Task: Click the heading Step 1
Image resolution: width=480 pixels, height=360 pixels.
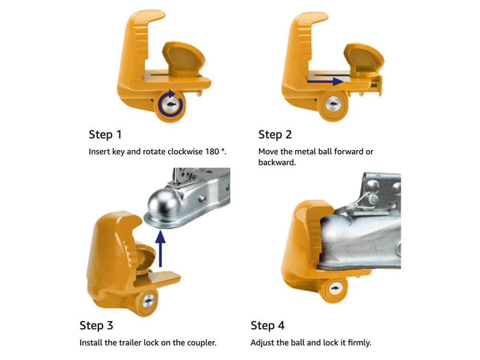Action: (105, 135)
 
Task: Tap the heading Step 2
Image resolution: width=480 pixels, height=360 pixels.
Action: (275, 135)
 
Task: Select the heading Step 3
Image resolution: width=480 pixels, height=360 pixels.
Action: (96, 325)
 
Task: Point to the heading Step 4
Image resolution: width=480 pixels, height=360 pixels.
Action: (267, 325)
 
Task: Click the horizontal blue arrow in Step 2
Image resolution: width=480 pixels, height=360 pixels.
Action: (325, 82)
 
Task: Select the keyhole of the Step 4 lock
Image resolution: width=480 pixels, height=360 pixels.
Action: (336, 288)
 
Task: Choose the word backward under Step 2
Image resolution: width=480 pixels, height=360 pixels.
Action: (277, 162)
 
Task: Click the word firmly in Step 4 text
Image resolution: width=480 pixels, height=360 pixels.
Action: (360, 343)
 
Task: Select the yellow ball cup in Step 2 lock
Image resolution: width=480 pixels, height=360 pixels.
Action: (364, 59)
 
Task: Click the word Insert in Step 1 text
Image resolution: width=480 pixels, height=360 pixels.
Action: (98, 152)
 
